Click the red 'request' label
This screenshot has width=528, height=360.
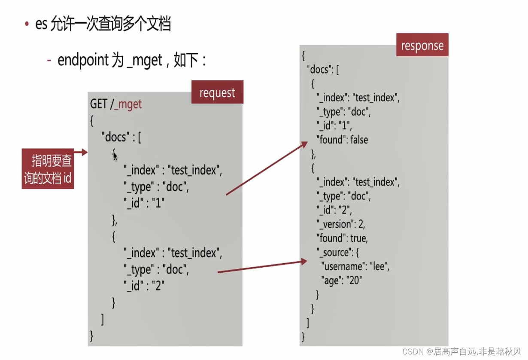click(217, 92)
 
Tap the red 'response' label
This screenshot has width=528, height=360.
click(422, 45)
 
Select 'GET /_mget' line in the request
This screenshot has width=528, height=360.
click(116, 104)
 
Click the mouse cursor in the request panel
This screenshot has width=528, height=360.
click(115, 156)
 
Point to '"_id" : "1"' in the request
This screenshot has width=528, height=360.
click(145, 203)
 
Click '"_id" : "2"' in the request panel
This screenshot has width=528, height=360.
click(145, 285)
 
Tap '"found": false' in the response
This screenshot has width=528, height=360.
click(342, 140)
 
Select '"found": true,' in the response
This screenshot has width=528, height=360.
click(342, 238)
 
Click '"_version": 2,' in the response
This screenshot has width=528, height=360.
click(341, 224)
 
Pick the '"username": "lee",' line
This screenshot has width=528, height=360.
click(355, 266)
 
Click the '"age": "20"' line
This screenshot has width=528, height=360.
click(342, 281)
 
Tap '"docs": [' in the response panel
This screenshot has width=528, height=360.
click(323, 69)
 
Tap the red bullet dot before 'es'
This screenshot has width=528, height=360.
click(27, 24)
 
